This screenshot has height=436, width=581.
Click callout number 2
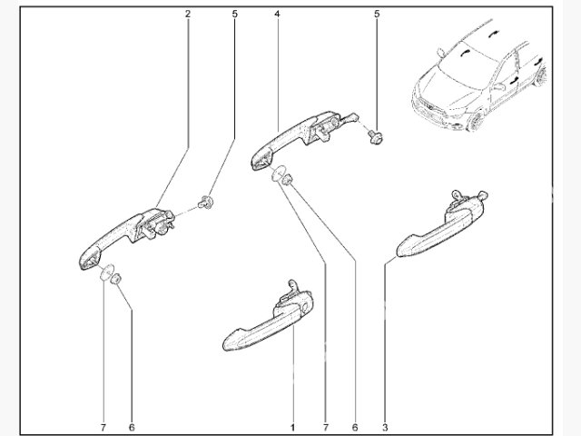click(188, 15)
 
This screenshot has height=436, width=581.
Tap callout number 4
click(277, 15)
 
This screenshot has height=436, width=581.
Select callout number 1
click(292, 428)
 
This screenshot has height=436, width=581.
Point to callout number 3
click(385, 428)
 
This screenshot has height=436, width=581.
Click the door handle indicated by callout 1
click(268, 320)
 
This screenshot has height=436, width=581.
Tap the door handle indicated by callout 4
click(297, 138)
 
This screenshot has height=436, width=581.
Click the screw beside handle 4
click(376, 135)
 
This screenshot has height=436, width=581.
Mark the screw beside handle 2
click(205, 203)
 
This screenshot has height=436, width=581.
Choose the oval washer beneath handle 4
click(279, 173)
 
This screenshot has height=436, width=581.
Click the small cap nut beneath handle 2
click(117, 278)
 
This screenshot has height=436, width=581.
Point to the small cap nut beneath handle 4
click(287, 179)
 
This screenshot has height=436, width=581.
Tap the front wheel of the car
click(476, 121)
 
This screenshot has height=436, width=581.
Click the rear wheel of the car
click(541, 76)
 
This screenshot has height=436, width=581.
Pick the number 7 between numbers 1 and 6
click(326, 428)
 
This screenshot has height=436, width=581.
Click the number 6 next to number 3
click(355, 428)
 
